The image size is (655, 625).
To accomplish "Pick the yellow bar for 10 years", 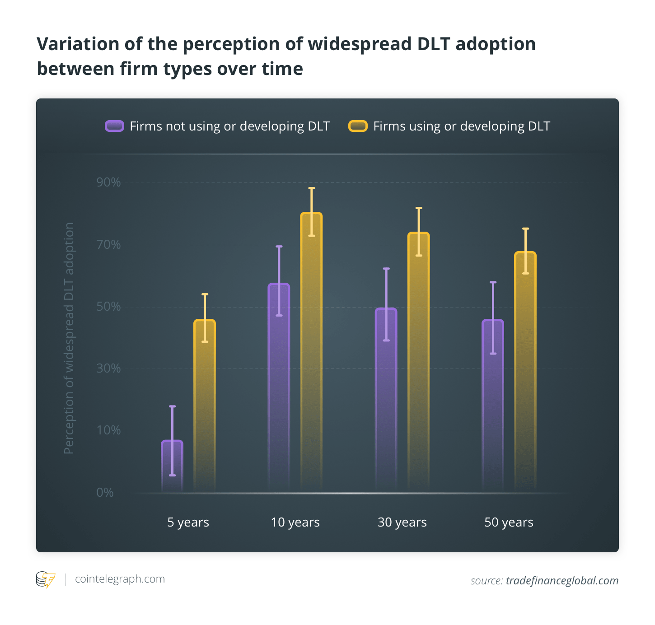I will [x=311, y=352].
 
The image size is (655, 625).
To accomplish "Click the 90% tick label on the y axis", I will [x=108, y=182].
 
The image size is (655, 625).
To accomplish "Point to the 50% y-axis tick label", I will [x=108, y=307].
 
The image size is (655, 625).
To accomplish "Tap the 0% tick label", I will [x=105, y=492].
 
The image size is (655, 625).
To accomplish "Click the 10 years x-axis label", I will [x=295, y=522].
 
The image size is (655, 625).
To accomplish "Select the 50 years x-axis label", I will [x=509, y=522].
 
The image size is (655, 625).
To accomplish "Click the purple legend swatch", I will [x=114, y=126].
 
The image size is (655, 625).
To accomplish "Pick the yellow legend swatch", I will [x=358, y=126].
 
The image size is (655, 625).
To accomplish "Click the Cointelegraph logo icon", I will [x=45, y=579].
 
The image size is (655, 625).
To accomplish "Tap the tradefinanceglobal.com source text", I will [x=562, y=581].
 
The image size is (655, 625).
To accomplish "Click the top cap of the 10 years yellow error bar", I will [x=312, y=188].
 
